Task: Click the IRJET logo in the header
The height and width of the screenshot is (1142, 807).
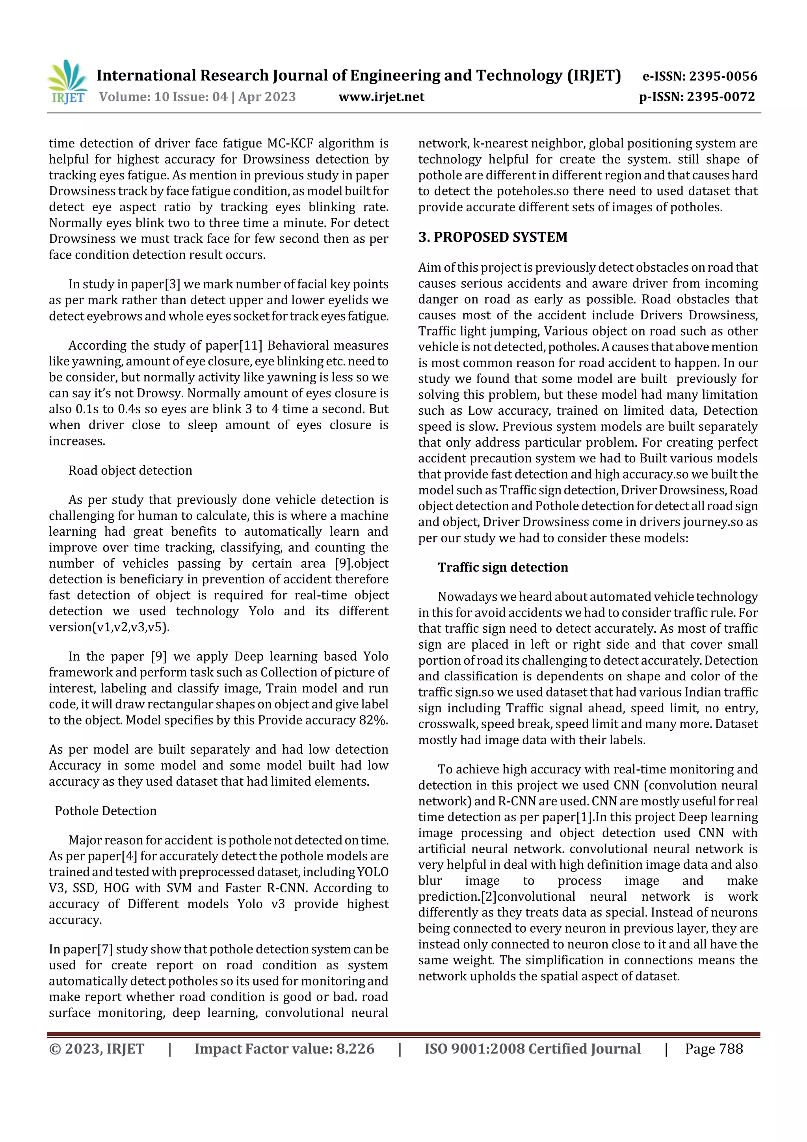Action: [68, 82]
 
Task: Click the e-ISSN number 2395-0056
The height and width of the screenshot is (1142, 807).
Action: [722, 76]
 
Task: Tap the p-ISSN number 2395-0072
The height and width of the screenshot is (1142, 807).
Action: [720, 97]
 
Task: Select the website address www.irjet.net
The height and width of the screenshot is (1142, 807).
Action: [381, 97]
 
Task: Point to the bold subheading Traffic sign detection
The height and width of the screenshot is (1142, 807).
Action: [503, 568]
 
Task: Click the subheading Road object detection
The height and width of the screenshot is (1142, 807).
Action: [130, 471]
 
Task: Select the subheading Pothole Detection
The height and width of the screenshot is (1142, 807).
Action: [106, 811]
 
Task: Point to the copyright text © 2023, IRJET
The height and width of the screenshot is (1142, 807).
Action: [97, 1049]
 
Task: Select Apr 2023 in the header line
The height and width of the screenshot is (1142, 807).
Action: [267, 97]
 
